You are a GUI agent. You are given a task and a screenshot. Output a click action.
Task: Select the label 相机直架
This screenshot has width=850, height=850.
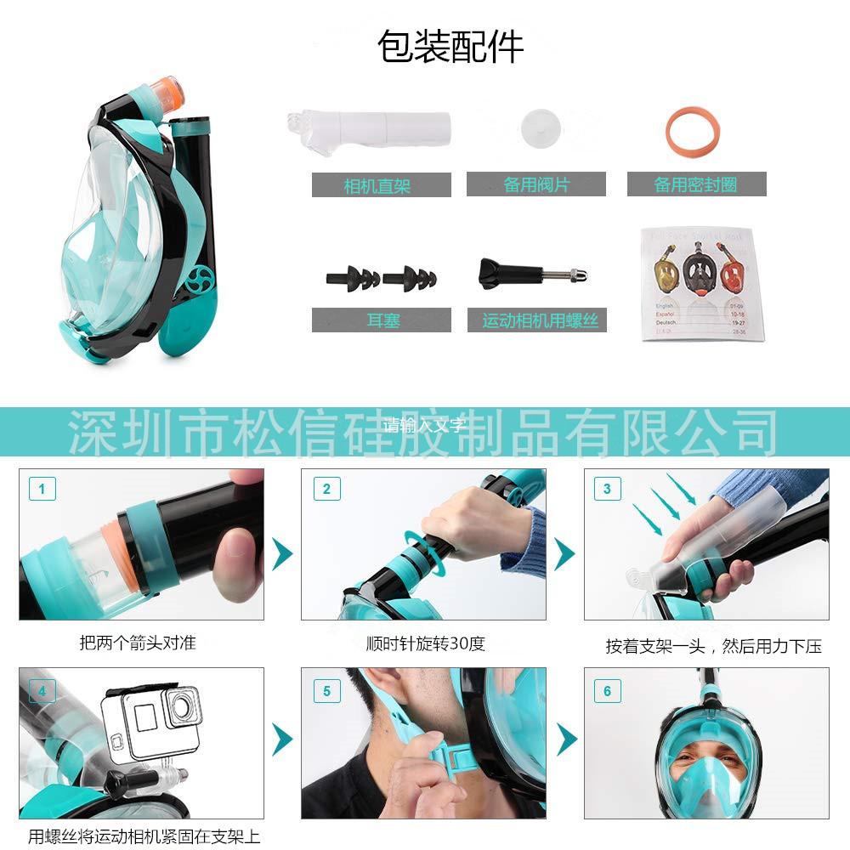(x=381, y=184)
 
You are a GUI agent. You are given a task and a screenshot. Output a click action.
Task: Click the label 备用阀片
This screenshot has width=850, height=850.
(x=535, y=184)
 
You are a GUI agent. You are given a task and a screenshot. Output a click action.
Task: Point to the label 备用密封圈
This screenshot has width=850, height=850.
(x=696, y=184)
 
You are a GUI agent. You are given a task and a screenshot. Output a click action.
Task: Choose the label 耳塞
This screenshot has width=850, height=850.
(x=382, y=320)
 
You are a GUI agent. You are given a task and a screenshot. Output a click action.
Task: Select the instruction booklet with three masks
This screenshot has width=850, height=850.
(x=698, y=283)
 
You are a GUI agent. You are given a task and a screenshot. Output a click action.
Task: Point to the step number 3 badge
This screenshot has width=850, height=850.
(x=607, y=489)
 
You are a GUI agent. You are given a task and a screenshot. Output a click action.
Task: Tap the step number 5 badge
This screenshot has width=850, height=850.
(x=326, y=691)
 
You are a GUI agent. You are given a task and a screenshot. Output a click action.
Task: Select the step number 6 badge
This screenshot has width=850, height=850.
(x=607, y=691)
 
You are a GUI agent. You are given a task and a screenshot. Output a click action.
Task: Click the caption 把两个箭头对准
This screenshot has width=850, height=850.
(x=138, y=643)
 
